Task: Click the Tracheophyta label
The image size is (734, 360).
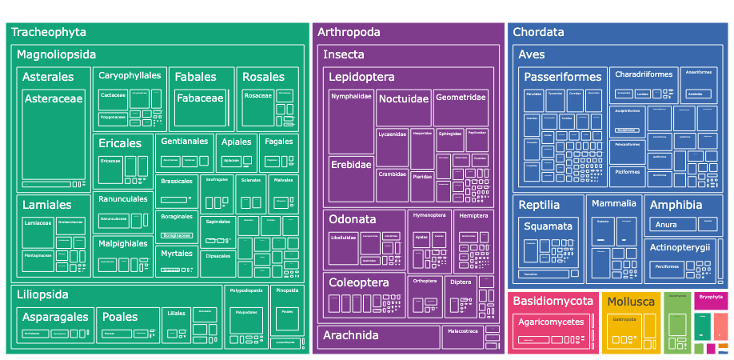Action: coord(49,33)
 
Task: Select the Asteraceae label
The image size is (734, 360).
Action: coord(53,99)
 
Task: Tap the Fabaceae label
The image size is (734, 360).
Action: coord(200,98)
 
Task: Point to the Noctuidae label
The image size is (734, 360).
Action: coord(404,99)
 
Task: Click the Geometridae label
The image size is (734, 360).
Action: coord(461,98)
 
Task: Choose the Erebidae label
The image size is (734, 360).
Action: coord(351,165)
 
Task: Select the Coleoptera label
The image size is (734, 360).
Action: coord(359,282)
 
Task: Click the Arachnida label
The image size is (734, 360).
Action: coord(350,335)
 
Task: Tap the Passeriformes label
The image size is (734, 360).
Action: coord(563,78)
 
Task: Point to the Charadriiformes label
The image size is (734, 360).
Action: coord(644,74)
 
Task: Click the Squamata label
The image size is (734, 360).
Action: coord(548,226)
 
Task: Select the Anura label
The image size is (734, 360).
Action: coord(666,225)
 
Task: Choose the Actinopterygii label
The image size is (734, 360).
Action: coord(680,247)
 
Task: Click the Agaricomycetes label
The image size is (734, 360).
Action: coord(551,322)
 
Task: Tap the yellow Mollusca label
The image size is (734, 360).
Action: coord(631,302)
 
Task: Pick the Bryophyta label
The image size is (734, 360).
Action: coord(711,297)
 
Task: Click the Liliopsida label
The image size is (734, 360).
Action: coord(42,295)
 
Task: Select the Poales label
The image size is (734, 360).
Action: coord(120,317)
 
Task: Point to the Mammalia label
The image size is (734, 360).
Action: coord(614,203)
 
